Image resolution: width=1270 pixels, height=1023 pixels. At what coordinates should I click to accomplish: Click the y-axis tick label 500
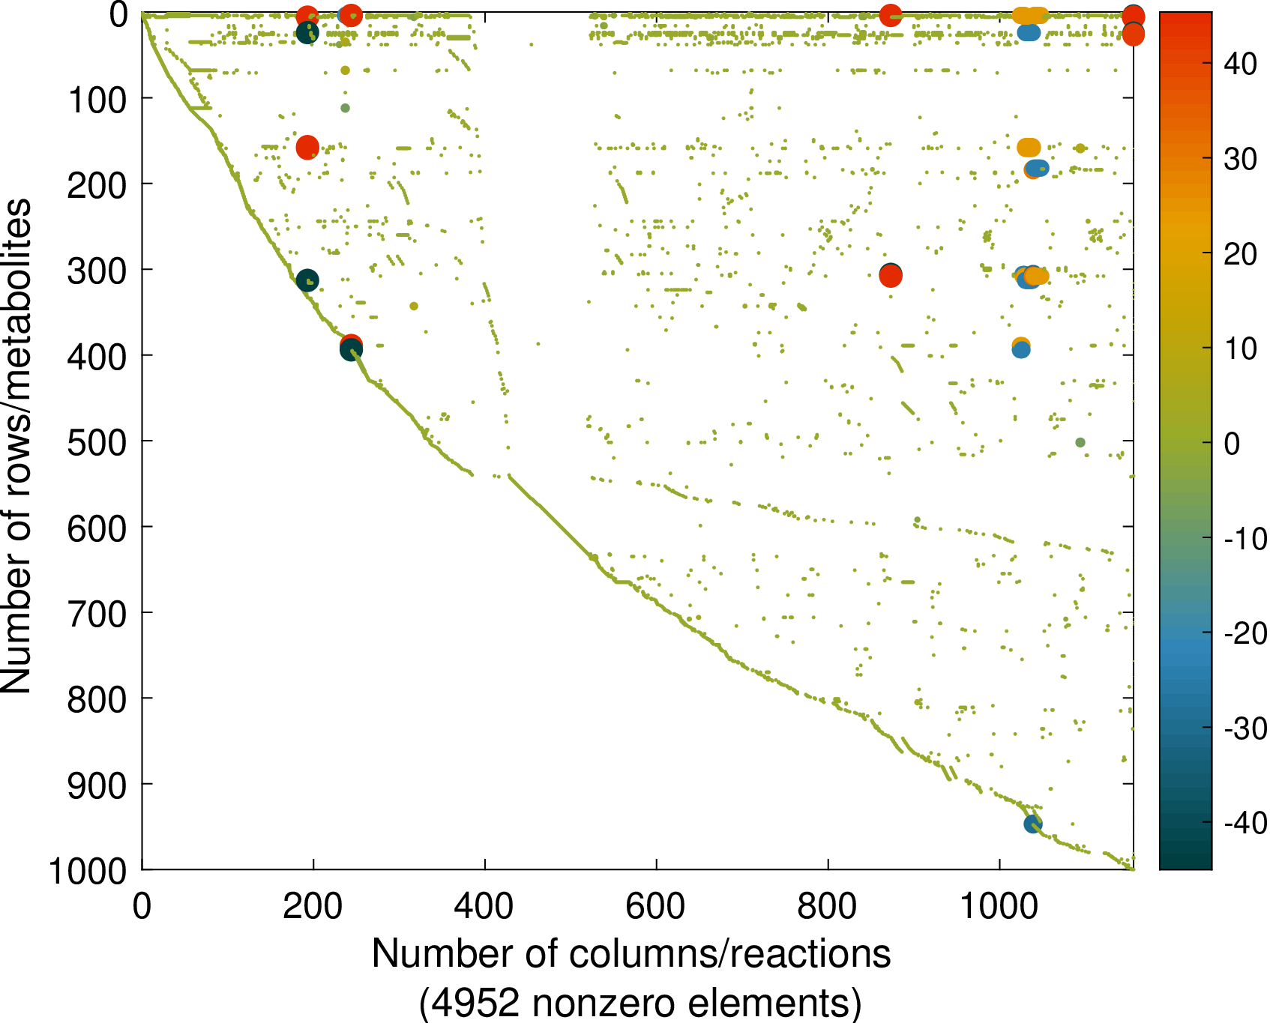tap(96, 442)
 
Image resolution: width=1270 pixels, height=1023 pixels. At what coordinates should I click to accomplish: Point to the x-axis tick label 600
tap(656, 907)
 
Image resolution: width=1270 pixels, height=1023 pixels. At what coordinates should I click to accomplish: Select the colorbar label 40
tap(1240, 64)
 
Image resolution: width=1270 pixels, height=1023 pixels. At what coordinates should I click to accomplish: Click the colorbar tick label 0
tap(1232, 443)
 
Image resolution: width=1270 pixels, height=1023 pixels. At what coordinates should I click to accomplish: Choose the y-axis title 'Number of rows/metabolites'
tap(16, 446)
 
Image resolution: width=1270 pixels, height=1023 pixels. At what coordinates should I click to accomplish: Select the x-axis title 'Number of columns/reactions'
tap(631, 954)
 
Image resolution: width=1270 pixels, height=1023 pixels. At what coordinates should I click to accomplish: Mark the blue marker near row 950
tap(1033, 824)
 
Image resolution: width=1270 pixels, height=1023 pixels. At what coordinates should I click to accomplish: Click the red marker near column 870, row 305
tap(891, 277)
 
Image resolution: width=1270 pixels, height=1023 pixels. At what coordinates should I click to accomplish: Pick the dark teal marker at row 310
tap(307, 280)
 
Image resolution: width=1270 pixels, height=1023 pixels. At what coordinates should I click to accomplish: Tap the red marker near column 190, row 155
tap(307, 148)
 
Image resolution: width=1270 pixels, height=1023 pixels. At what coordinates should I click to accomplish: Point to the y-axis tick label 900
tap(96, 785)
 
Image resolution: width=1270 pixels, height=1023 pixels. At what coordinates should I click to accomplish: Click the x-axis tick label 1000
tap(999, 907)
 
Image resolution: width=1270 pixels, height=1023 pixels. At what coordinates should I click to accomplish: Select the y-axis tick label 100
tap(96, 100)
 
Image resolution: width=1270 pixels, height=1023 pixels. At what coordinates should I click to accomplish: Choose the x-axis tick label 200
tap(313, 907)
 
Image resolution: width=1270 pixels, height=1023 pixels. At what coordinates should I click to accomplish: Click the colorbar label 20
tap(1240, 254)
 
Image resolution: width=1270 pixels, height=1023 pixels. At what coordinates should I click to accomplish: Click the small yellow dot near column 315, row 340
tap(414, 306)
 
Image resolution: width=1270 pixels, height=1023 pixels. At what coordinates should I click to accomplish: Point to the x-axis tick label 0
tap(142, 907)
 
